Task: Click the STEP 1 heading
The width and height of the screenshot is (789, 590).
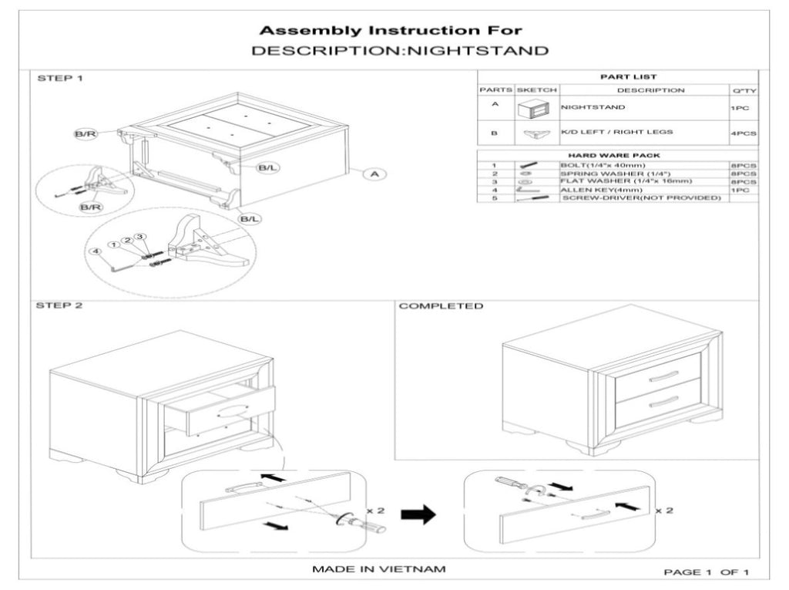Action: click(x=59, y=79)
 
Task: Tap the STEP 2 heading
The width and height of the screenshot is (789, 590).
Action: click(x=59, y=306)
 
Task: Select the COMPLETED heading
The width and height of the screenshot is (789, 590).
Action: click(x=441, y=306)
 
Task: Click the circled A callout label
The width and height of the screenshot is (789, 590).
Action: click(x=374, y=175)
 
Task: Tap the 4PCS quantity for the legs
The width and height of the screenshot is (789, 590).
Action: click(x=743, y=133)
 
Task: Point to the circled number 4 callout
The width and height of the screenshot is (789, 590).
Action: click(x=95, y=251)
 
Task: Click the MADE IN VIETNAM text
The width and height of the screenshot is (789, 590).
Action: click(x=378, y=569)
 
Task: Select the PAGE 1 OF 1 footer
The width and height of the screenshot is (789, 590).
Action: click(x=707, y=571)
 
